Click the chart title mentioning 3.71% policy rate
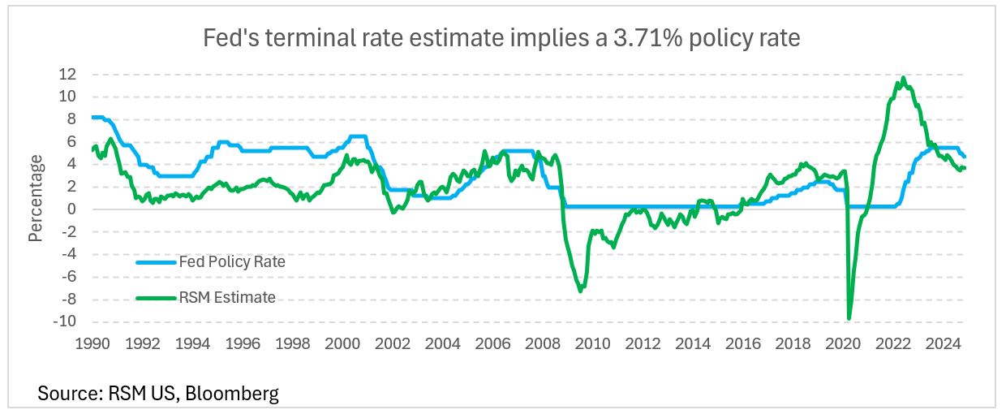(503, 38)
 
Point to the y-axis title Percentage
(36, 197)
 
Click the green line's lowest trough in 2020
(849, 318)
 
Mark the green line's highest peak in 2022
(903, 78)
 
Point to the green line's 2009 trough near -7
(581, 291)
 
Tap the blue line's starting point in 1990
(92, 117)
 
